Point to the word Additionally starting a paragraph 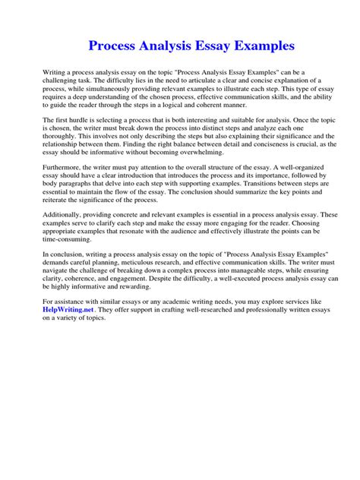[x=65, y=216]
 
